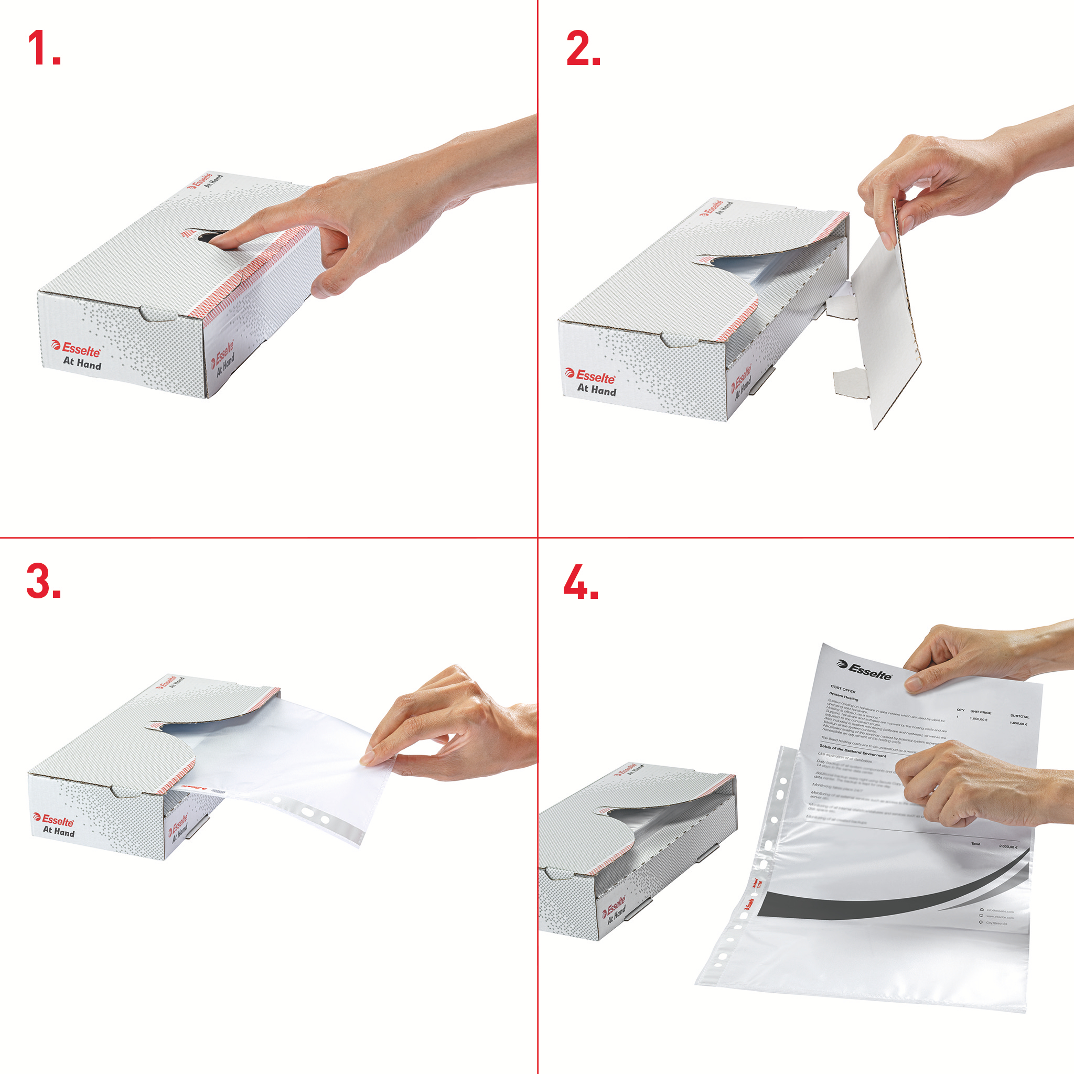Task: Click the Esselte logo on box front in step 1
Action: click(x=77, y=349)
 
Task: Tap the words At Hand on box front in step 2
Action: click(x=596, y=390)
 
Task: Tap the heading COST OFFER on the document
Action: click(x=843, y=690)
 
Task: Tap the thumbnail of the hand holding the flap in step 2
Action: click(x=907, y=223)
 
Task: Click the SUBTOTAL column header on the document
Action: click(x=1019, y=716)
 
